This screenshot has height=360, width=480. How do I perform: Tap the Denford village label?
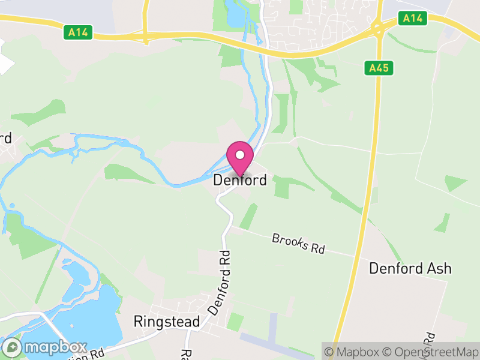(x=240, y=180)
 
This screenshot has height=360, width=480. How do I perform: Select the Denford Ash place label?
(x=410, y=268)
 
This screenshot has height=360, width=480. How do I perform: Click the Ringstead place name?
(x=167, y=322)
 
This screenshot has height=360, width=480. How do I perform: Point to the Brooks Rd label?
(x=298, y=243)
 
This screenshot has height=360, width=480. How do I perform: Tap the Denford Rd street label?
(x=220, y=282)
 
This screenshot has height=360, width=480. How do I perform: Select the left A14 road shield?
(x=78, y=32)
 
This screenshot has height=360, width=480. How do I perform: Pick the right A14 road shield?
(x=413, y=19)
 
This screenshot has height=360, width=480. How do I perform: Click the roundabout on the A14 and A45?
(x=378, y=28)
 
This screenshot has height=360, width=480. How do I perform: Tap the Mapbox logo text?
(x=55, y=347)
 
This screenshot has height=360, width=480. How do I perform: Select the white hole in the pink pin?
(x=240, y=155)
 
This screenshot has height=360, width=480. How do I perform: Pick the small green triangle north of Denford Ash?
(x=455, y=182)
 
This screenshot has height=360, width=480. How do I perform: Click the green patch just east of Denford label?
(x=281, y=187)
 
